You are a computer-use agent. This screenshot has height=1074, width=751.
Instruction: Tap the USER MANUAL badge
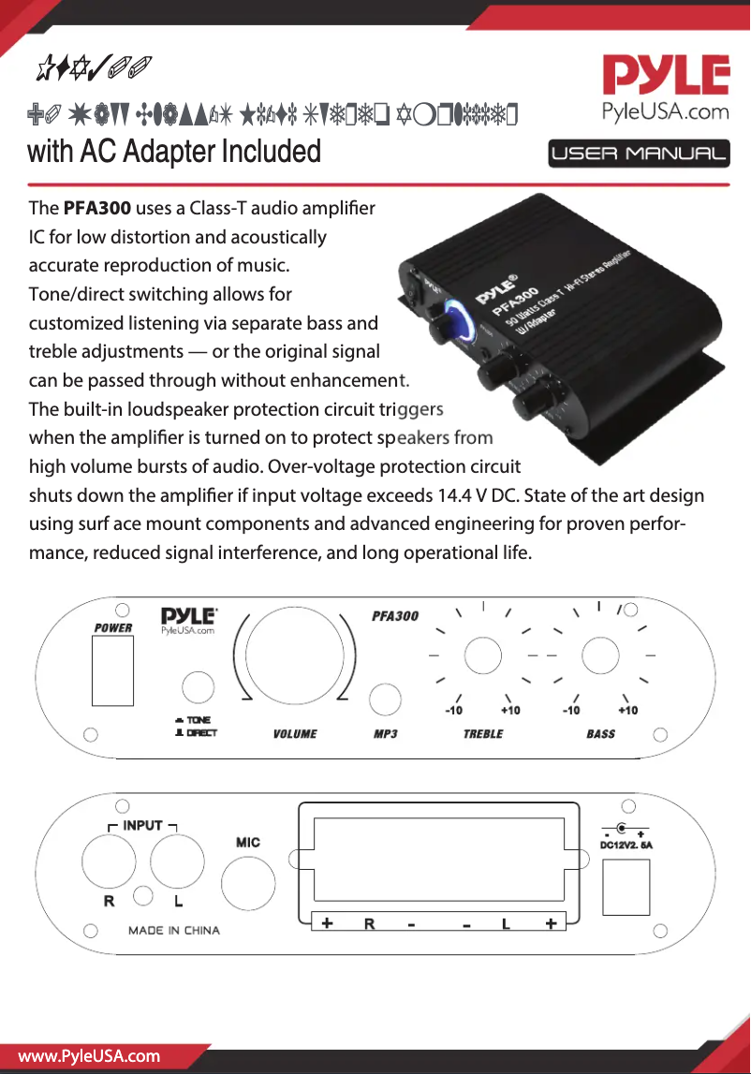[640, 154]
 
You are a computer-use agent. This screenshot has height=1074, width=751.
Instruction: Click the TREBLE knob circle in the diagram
[482, 655]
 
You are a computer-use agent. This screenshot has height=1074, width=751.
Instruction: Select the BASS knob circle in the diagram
[600, 655]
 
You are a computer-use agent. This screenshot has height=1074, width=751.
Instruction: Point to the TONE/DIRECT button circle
[198, 687]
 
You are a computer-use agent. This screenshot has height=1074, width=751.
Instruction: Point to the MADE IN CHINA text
[174, 931]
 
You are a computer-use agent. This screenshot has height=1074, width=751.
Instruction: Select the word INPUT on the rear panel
[143, 826]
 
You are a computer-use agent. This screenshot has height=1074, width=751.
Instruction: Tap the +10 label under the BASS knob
[626, 711]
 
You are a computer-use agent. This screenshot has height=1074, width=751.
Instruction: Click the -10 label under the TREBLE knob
[454, 711]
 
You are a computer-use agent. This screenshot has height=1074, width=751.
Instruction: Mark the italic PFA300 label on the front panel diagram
[394, 616]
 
